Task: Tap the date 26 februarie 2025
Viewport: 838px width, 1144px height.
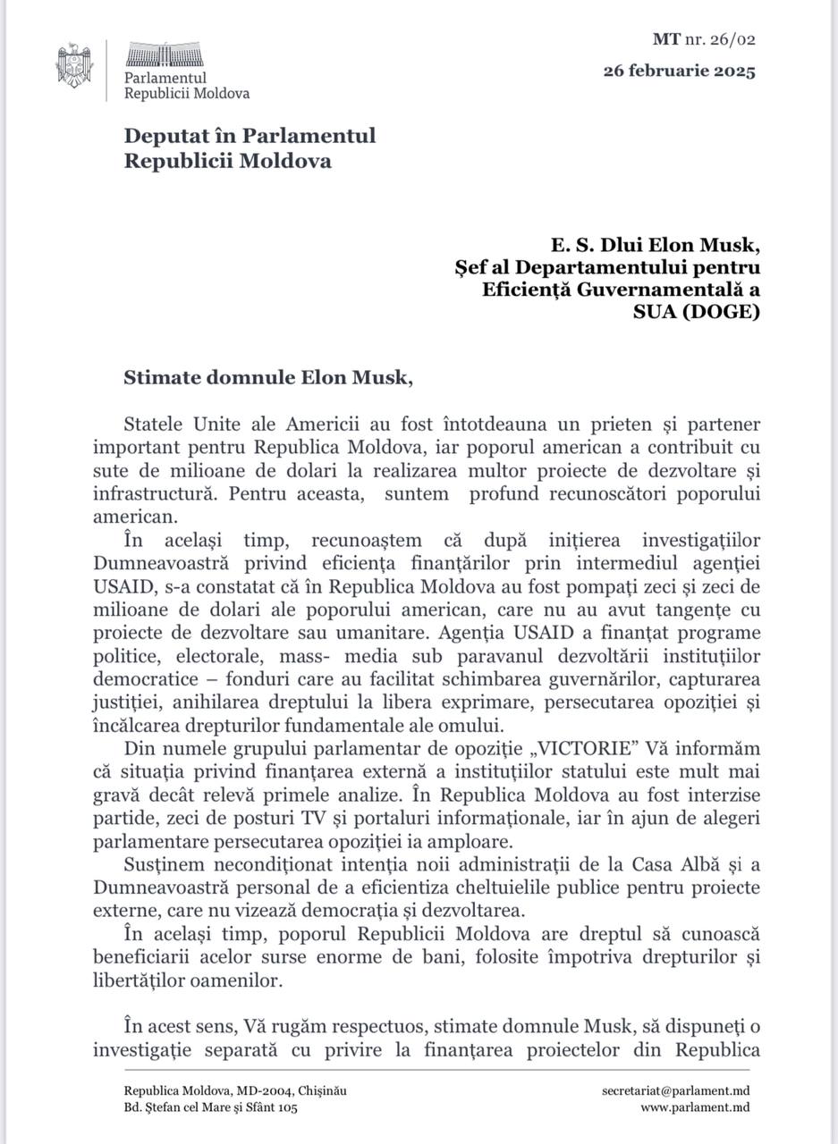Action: click(679, 71)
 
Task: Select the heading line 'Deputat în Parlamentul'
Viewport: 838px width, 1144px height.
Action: click(250, 136)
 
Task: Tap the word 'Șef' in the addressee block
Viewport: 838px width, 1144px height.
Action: click(471, 267)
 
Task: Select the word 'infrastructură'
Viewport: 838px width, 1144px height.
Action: click(149, 492)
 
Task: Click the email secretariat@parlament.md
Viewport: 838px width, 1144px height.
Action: click(675, 1090)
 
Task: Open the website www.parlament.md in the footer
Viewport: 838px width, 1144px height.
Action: click(694, 1107)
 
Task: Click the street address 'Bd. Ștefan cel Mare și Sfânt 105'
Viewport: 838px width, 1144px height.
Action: click(210, 1107)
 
